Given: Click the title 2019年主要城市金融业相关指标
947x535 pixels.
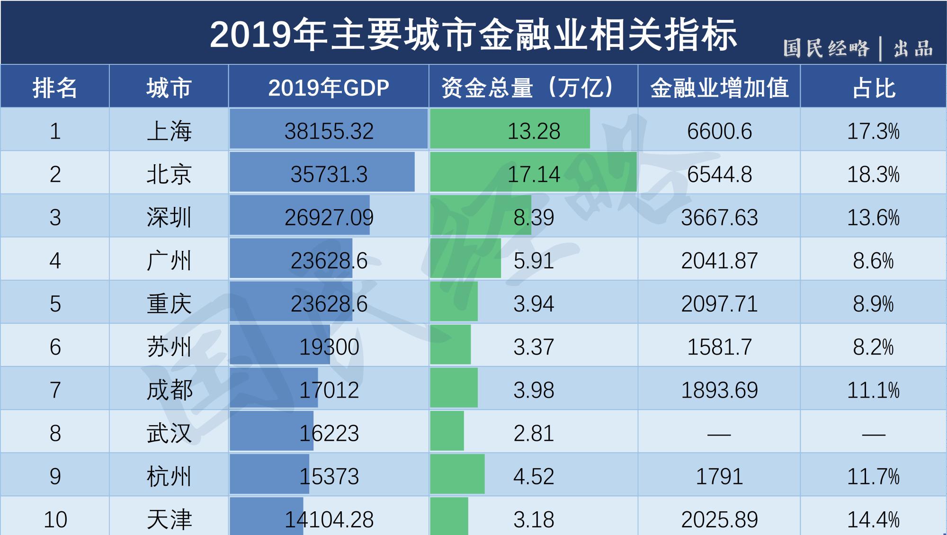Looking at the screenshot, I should click(473, 35).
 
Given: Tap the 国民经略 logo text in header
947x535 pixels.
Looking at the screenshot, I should click(826, 49).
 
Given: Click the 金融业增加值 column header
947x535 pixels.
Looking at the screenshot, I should click(719, 88).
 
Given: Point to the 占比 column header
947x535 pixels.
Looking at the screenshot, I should click(874, 88).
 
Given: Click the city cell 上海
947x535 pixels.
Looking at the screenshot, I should click(169, 131).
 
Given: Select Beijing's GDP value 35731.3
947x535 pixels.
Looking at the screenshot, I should click(329, 174).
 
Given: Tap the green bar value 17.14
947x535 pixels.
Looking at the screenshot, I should click(534, 174).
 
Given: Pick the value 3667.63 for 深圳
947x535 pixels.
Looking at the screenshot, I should click(719, 217).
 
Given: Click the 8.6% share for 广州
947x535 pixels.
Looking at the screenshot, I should click(873, 260).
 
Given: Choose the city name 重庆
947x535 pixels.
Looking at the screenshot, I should click(169, 303).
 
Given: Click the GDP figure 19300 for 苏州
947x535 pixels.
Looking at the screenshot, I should click(329, 347).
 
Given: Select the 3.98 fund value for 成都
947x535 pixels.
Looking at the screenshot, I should click(534, 390).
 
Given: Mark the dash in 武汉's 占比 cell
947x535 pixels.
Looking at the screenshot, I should click(873, 434).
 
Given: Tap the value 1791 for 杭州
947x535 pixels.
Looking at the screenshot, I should click(719, 476).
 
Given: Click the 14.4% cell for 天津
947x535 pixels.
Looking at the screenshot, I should click(873, 519).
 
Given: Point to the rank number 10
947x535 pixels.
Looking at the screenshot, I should click(55, 519).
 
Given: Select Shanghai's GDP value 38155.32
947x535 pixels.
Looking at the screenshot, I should click(329, 131).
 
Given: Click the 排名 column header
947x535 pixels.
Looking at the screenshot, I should click(55, 88).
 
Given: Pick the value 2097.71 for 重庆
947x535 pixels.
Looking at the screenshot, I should click(719, 303).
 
